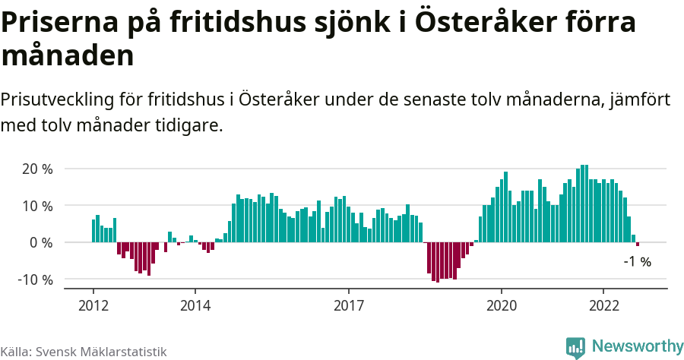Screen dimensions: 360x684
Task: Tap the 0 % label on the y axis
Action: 41,242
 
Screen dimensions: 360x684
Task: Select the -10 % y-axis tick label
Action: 35,279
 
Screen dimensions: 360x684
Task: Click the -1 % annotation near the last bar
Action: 637,262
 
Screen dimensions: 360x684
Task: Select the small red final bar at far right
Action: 638,244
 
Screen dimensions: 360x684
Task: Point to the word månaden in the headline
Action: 68,55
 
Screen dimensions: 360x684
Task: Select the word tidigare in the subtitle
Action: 189,125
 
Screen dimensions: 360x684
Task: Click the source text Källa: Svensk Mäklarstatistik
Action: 84,352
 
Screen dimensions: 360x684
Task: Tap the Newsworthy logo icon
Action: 576,347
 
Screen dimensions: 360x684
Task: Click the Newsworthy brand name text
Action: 637,346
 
